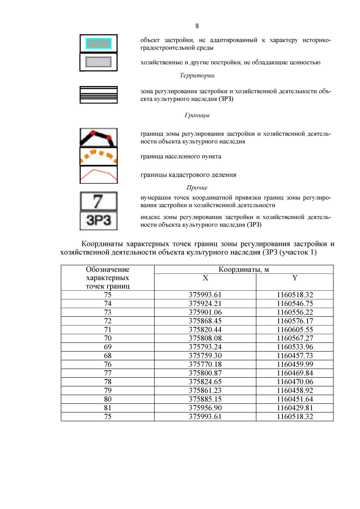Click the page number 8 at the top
[197, 26]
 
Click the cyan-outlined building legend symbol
[98, 43]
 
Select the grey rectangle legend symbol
[98, 62]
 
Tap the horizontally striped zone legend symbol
[98, 95]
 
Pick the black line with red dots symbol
[98, 138]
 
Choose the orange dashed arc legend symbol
[98, 156]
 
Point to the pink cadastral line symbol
[98, 175]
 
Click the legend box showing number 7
[98, 201]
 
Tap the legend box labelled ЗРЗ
[98, 220]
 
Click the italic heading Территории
[197, 76]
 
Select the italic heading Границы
[197, 115]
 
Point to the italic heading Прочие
[197, 188]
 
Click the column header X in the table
[205, 278]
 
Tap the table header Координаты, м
[244, 269]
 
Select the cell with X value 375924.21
[205, 304]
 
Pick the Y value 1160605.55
[295, 330]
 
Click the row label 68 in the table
[108, 356]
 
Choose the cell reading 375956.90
[205, 408]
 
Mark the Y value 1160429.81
[295, 408]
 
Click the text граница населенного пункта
[181, 157]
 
